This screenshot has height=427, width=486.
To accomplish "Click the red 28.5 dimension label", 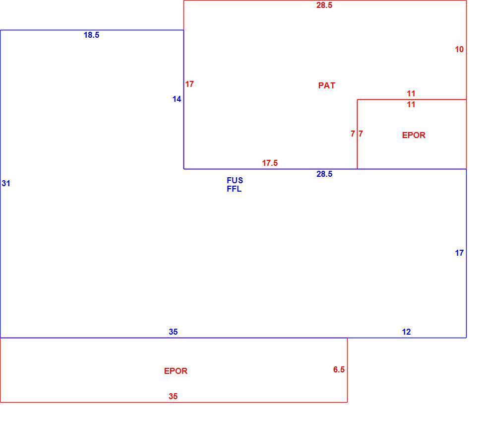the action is [x=324, y=5].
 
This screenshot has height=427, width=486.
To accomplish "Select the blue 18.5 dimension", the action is [x=91, y=35].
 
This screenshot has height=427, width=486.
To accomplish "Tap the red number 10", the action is [x=459, y=49].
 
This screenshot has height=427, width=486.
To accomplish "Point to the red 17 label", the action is [x=189, y=84].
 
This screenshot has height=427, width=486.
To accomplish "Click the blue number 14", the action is [x=177, y=99].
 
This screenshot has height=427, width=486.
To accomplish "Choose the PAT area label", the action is [x=327, y=85].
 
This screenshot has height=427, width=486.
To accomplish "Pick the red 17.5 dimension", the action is [x=270, y=163].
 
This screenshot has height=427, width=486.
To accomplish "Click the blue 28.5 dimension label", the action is [x=324, y=174].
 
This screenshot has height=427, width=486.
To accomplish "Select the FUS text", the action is [x=235, y=180].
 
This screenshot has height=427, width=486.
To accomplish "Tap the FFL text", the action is [x=234, y=189].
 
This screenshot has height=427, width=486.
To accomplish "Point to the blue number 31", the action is [x=6, y=183].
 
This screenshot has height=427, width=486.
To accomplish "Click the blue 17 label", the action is [x=459, y=253].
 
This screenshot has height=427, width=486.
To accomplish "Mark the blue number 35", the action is [x=173, y=332].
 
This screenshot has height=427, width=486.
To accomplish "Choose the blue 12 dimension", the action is [x=406, y=332].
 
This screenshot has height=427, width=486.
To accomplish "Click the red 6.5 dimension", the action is [x=339, y=369].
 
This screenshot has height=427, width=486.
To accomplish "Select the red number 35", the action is [x=173, y=396].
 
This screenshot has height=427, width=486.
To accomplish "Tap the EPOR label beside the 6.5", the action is [x=176, y=371].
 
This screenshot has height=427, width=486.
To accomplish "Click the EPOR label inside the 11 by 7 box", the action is [x=414, y=135].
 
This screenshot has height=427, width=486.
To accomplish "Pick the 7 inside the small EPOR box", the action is [x=361, y=134].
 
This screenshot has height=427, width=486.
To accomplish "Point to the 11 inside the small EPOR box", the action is [x=411, y=105].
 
